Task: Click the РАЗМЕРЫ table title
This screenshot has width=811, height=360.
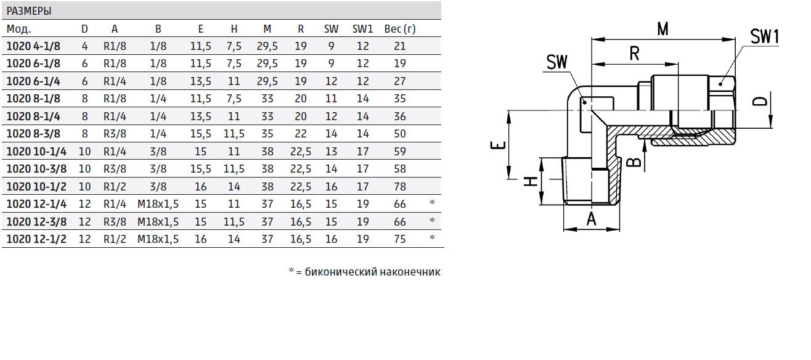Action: (29, 11)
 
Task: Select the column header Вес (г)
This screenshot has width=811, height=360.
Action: (400, 29)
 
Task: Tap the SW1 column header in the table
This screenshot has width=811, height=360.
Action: (362, 29)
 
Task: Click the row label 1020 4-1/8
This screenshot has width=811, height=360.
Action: (33, 46)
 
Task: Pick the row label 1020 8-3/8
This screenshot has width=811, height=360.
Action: (33, 134)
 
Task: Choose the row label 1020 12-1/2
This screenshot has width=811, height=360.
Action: (36, 239)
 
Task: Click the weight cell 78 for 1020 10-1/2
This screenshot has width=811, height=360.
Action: (400, 187)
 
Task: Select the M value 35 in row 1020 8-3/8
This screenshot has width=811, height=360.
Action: (267, 134)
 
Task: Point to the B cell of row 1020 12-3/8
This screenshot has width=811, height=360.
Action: (158, 222)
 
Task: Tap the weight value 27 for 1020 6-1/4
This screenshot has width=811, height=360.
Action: (400, 81)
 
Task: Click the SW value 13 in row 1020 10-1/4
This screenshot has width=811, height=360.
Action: (331, 152)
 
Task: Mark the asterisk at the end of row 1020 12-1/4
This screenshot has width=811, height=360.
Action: (432, 202)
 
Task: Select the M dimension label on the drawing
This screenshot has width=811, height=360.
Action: (662, 29)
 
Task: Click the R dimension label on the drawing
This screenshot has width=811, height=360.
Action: (634, 54)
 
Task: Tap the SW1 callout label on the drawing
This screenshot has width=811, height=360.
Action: (764, 36)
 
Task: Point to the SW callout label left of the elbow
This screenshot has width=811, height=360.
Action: (557, 62)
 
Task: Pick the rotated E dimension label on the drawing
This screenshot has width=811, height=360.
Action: (498, 145)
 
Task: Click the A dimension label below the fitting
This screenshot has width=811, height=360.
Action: (591, 219)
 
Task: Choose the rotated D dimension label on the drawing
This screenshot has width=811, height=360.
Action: (760, 100)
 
